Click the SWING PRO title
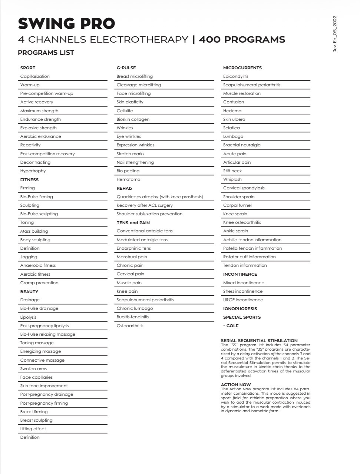coord(66,23)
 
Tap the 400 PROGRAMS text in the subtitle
coord(242,39)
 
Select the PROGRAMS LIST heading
coord(46,53)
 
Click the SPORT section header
coord(28,68)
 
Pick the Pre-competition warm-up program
coord(47,93)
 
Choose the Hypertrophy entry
coord(33,171)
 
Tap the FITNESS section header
coord(29,180)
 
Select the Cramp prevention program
coord(39,283)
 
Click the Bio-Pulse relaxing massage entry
coord(48,334)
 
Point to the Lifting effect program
coord(33,429)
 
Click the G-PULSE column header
coord(126,68)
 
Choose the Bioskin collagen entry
coord(133,119)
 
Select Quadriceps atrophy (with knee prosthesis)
coord(160,197)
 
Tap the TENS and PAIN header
coord(133,223)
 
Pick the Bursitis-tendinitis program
coord(133,317)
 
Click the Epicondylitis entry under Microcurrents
coord(236,76)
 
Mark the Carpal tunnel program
coord(237,205)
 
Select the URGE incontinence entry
coord(243,300)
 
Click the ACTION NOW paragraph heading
coord(236,385)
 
